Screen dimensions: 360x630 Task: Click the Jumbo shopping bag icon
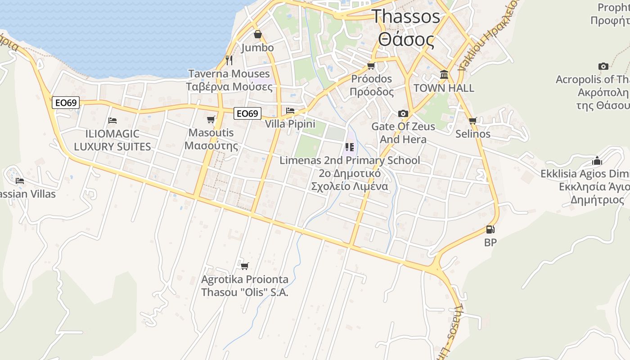(258, 34)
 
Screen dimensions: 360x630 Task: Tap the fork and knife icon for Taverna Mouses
(229, 60)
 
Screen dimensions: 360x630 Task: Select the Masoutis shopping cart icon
(211, 119)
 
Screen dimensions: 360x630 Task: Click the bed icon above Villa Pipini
(290, 110)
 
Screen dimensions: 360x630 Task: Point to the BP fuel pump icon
(490, 229)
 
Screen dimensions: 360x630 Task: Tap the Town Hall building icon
(444, 74)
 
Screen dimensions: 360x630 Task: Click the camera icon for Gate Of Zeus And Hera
(403, 113)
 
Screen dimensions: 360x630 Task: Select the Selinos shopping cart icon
(472, 121)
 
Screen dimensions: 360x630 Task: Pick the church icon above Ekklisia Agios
(597, 161)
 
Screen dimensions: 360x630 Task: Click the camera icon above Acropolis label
(603, 67)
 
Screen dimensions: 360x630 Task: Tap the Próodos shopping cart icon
(371, 66)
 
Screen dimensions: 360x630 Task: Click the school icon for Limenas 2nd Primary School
(349, 147)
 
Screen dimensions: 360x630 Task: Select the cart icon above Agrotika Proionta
(244, 266)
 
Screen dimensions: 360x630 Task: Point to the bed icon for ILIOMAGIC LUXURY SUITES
(112, 120)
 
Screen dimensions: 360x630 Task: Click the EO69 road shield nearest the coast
(66, 103)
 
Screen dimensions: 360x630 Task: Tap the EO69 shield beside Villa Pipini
(247, 113)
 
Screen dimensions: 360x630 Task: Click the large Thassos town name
(406, 17)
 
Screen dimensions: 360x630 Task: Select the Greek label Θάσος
(406, 40)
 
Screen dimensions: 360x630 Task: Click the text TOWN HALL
(444, 88)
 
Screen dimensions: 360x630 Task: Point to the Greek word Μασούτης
(211, 145)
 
